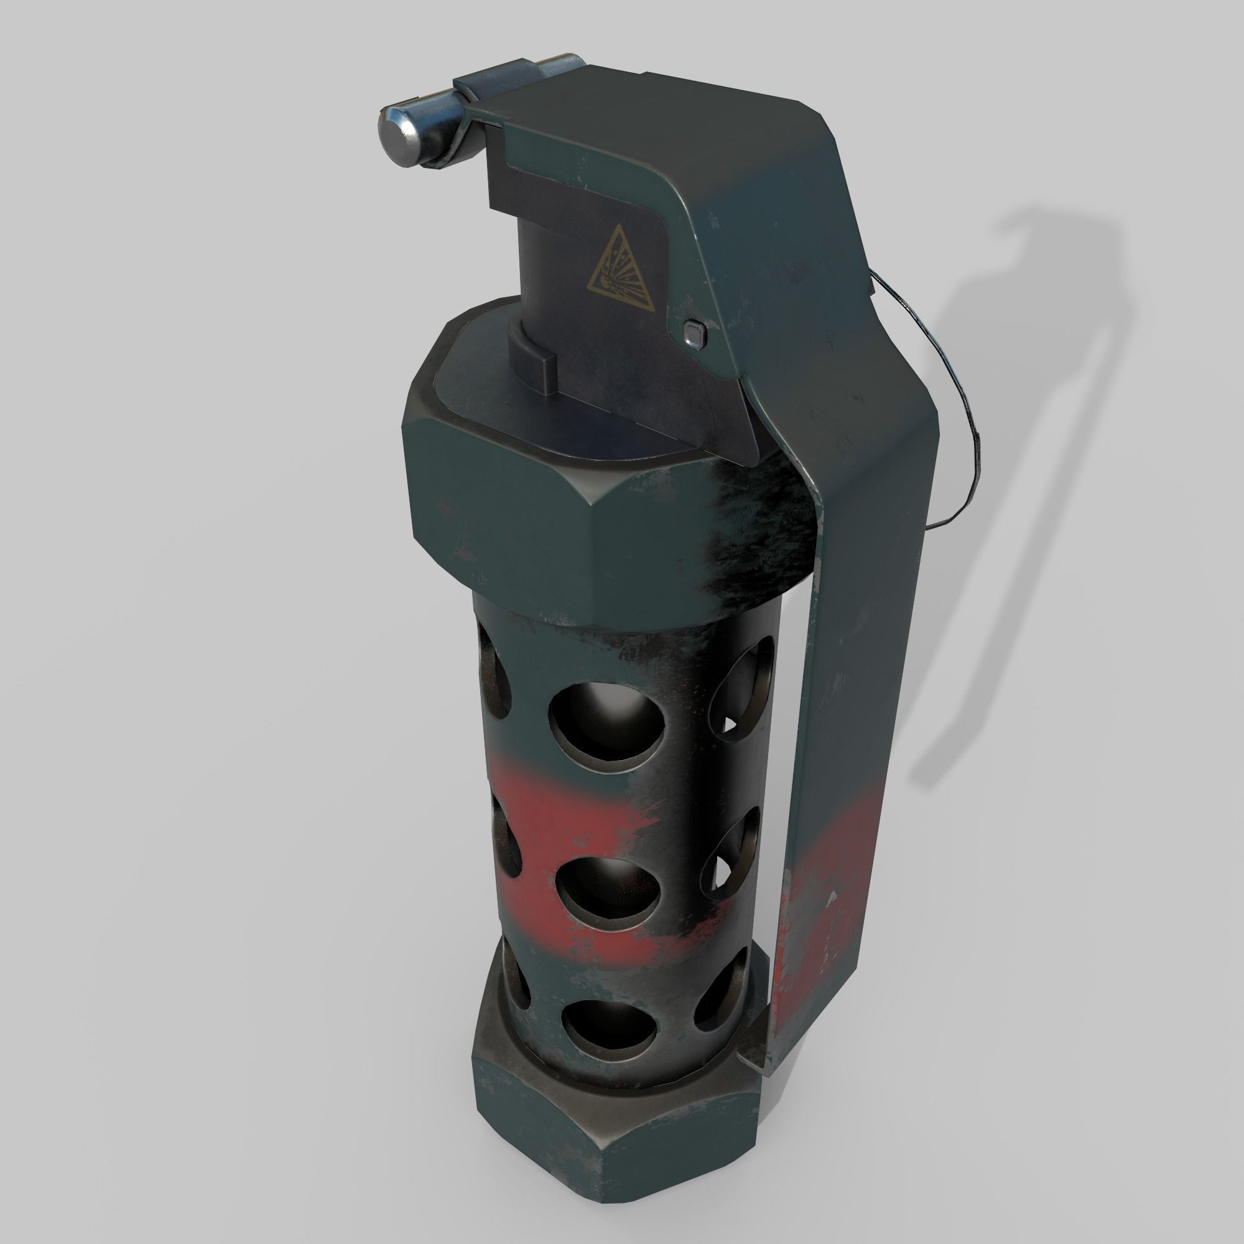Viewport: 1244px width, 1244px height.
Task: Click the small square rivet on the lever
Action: click(694, 333)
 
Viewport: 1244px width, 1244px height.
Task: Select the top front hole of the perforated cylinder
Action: click(606, 720)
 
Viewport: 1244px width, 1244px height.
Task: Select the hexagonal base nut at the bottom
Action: click(618, 1133)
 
